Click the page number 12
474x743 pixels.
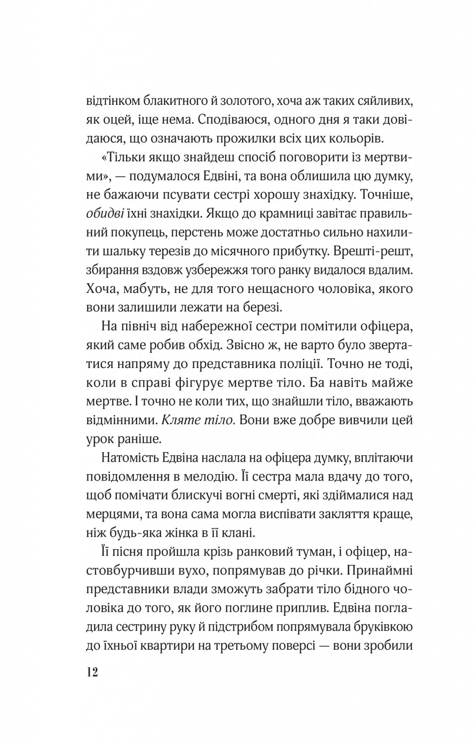[x=93, y=672]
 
